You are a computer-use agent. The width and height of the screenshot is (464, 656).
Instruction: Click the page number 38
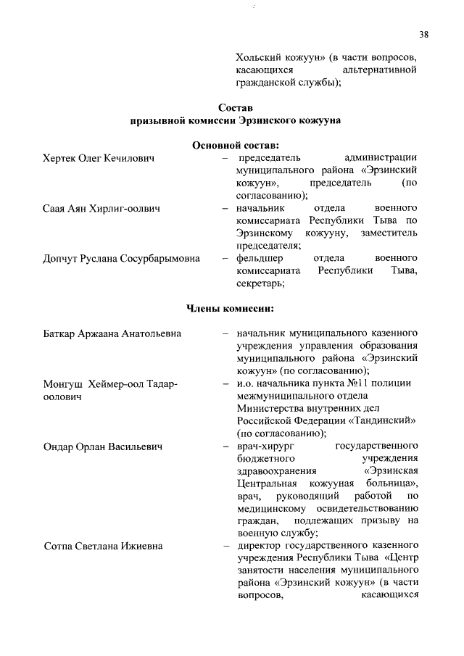[424, 33]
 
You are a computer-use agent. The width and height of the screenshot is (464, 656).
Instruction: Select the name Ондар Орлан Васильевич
[103, 447]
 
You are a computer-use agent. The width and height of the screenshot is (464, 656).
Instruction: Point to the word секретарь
[260, 283]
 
